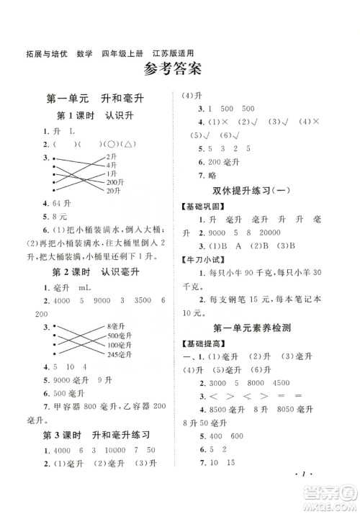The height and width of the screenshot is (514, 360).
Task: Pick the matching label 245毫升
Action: [118, 355]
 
